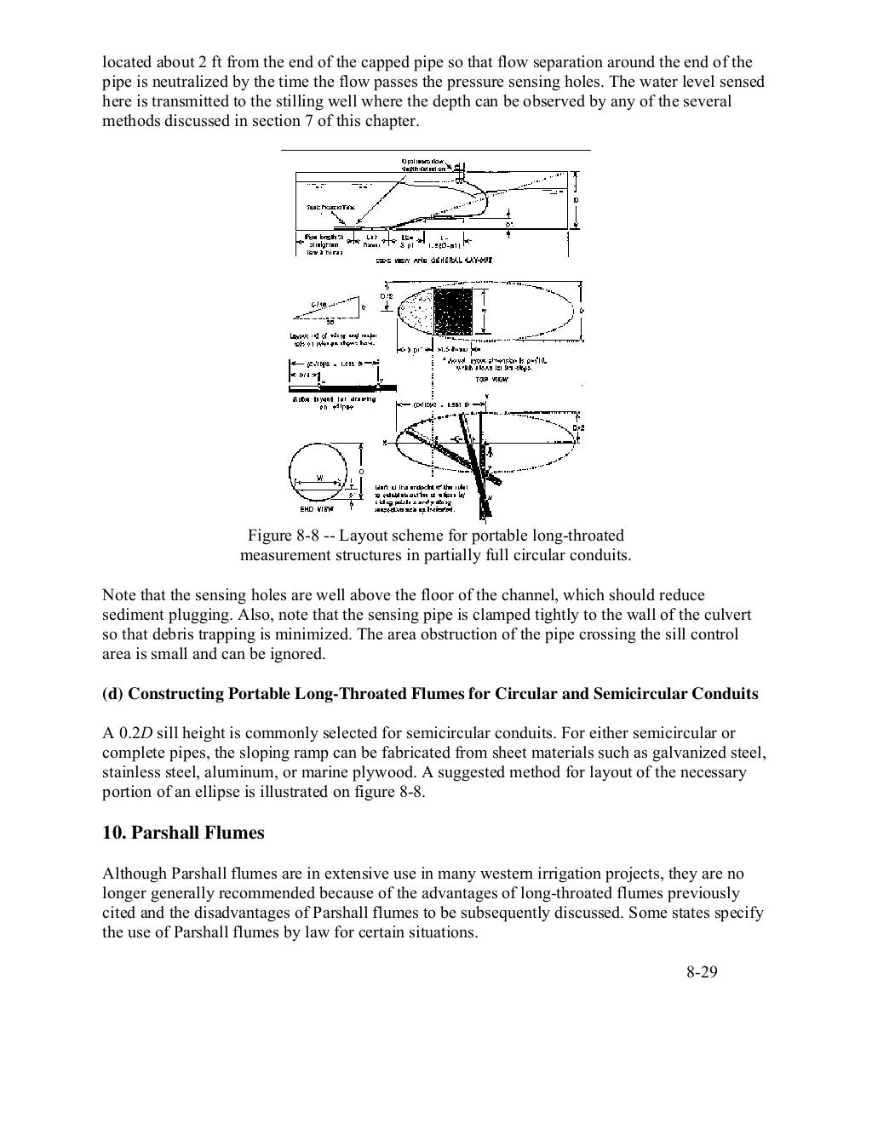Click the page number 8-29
(x=702, y=972)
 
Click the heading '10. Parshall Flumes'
(x=183, y=833)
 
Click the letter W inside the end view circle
(x=318, y=478)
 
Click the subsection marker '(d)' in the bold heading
(x=112, y=694)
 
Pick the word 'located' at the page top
(x=127, y=62)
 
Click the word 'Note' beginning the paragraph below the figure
(x=118, y=595)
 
